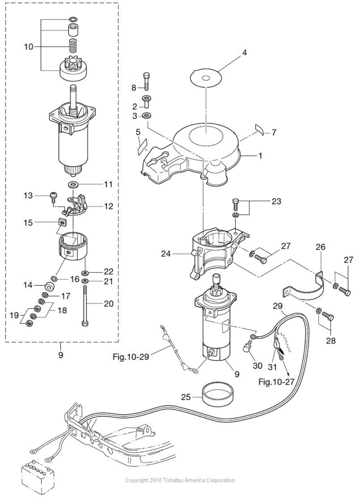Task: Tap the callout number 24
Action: tap(166, 254)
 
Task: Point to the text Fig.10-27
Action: tap(276, 382)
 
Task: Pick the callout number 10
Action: tap(29, 46)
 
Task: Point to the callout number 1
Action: tap(260, 156)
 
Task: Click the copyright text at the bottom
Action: tap(180, 480)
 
